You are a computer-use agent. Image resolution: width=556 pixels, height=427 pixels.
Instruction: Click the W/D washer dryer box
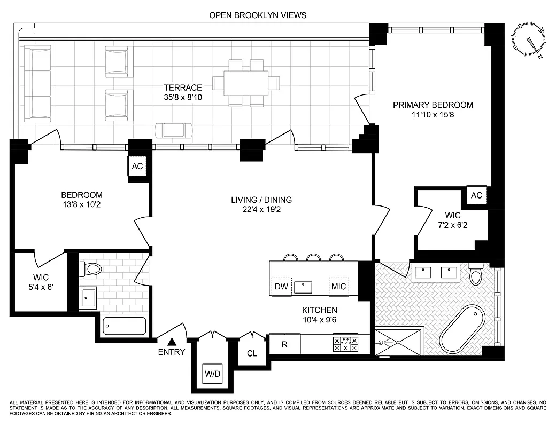tap(212, 374)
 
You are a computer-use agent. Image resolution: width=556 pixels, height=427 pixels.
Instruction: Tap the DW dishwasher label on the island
tap(281, 287)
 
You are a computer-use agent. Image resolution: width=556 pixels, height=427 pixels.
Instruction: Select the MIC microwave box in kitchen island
tap(338, 287)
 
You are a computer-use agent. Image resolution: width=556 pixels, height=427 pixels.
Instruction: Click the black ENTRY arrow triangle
tap(172, 342)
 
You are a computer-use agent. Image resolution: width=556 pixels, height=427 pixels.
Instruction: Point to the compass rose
tap(529, 41)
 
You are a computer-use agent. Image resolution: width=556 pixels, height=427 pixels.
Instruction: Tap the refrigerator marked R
tap(285, 344)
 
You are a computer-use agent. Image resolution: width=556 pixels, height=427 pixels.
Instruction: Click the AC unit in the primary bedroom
tap(476, 195)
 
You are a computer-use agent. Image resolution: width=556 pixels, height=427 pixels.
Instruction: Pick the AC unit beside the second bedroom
tap(137, 167)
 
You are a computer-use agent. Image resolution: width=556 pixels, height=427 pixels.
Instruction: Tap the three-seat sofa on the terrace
tap(37, 83)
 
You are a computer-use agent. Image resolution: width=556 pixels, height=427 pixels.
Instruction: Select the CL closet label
tap(252, 353)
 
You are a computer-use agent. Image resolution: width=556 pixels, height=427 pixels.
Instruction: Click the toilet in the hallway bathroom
tap(91, 268)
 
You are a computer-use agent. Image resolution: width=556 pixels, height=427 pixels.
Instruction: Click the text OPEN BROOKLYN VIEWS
tap(258, 15)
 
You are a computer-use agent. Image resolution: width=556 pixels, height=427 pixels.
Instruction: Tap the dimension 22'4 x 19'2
tap(261, 210)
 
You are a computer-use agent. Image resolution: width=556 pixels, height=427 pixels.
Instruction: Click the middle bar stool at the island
tap(313, 257)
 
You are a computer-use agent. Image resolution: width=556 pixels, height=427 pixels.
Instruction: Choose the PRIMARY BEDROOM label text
tap(433, 105)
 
